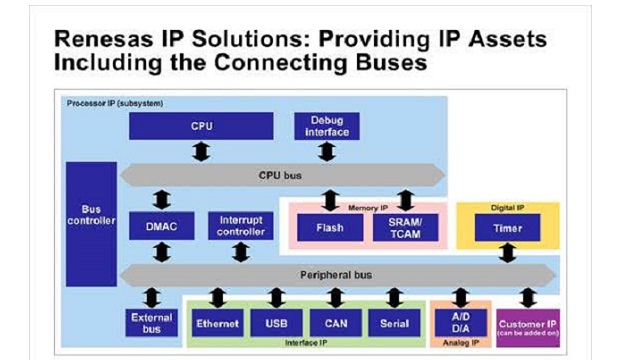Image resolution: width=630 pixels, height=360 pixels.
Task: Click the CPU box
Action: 201,126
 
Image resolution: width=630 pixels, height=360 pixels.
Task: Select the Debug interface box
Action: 326,126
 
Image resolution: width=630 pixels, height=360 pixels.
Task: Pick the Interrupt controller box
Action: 240,226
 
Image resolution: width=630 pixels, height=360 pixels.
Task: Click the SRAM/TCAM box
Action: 405,227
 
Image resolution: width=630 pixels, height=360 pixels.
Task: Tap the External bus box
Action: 152,323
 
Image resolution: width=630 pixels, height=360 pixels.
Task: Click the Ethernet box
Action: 218,324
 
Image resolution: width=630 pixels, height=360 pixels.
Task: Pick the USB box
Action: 276,324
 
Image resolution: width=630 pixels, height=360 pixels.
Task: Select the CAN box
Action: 335,324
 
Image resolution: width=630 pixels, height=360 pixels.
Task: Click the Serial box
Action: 394,324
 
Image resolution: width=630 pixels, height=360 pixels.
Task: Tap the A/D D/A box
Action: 460,323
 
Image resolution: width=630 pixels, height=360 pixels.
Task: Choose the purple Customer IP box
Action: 527,326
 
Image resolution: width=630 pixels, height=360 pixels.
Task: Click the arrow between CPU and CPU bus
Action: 201,151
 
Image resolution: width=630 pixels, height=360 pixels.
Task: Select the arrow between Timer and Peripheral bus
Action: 507,252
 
